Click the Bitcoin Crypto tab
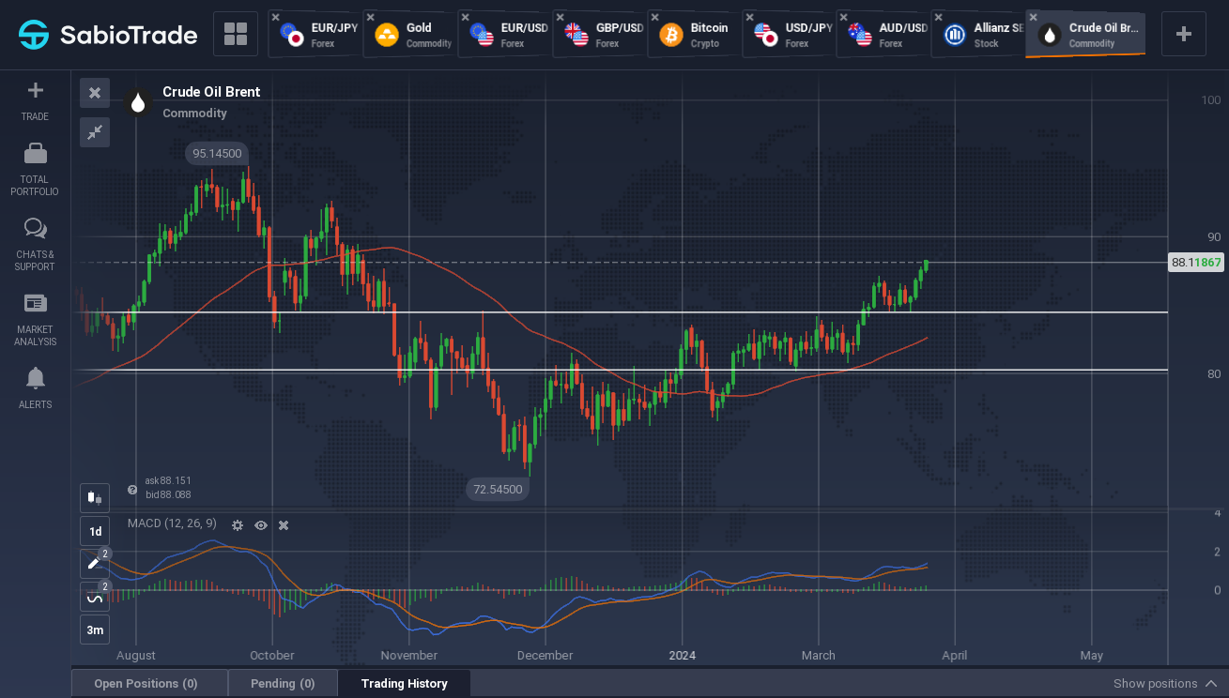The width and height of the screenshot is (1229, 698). pos(695,35)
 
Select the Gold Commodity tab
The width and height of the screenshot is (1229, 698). pos(410,35)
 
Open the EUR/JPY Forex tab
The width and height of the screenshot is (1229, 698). pos(315,35)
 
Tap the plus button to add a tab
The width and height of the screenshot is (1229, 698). pos(1183,34)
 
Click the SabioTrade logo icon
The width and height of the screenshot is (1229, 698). pos(34,35)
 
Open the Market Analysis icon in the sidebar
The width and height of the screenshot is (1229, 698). pos(35,303)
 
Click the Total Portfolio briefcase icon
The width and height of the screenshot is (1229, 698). pos(35,154)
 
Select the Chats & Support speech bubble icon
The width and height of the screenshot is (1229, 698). pos(35,229)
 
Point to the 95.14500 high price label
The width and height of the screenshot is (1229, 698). pos(217,154)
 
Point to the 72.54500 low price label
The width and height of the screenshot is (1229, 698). pos(498,489)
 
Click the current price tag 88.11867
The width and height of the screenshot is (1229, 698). pos(1196,262)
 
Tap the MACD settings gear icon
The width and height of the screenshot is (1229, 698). pos(237,525)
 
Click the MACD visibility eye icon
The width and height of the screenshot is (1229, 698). pos(261,525)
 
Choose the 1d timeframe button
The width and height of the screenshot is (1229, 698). pos(95,531)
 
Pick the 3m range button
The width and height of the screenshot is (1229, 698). pos(95,630)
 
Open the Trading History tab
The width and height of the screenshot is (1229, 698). pos(405,683)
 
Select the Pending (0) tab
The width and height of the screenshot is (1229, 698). pos(283,683)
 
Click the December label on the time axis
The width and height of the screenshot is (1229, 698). pos(545,655)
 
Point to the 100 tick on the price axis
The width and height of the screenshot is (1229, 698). pos(1210,100)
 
